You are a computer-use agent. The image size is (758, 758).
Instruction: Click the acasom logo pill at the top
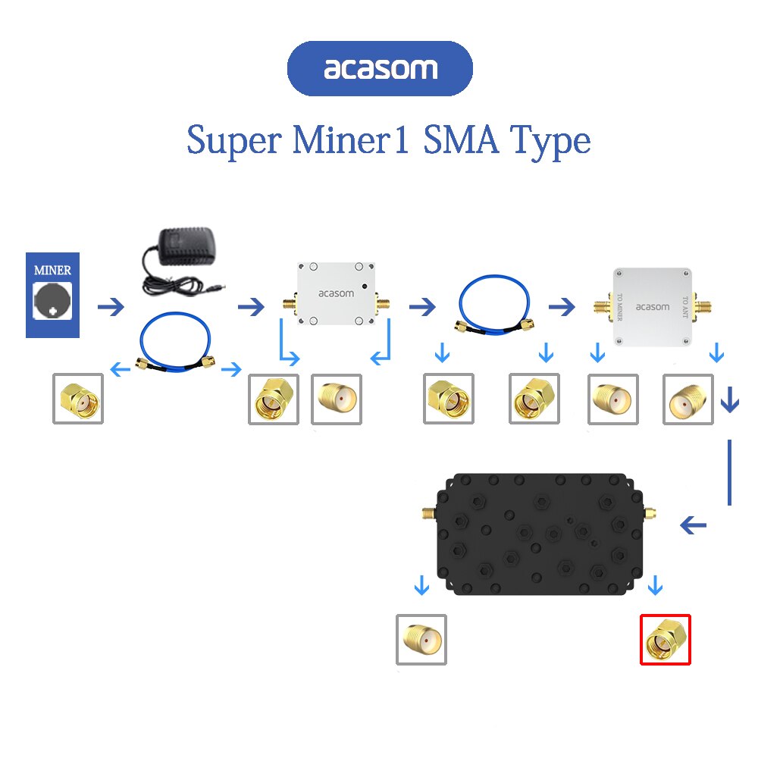tap(380, 69)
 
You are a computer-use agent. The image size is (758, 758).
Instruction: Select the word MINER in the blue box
tap(53, 270)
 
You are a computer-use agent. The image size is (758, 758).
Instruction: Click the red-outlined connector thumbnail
tap(666, 640)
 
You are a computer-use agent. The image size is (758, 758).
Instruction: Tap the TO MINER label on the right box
tap(620, 307)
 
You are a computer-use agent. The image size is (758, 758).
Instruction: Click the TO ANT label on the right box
tap(685, 307)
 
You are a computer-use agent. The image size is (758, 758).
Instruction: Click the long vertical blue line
tap(729, 471)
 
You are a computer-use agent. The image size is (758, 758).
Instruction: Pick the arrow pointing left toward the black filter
tap(693, 525)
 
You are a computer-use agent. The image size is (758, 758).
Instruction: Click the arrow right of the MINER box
tap(111, 307)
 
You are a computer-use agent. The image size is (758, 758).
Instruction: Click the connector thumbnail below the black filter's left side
tap(421, 640)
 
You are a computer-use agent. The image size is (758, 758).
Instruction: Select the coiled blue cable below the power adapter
tap(176, 345)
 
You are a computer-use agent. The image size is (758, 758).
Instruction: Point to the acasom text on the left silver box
tap(332, 293)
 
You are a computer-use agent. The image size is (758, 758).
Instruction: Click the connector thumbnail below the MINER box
tap(77, 398)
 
